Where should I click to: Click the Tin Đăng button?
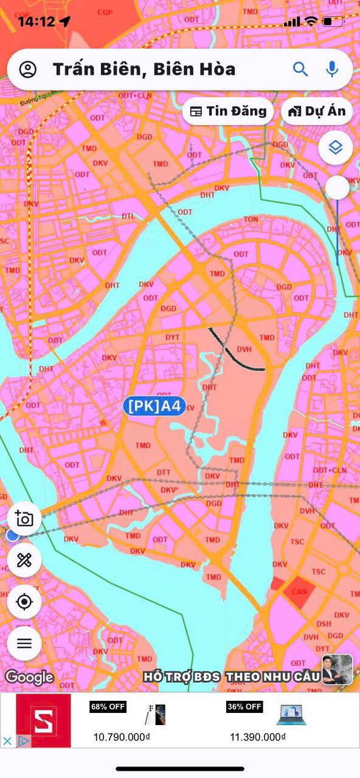(228, 111)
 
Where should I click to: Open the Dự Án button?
(317, 111)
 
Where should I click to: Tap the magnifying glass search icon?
(300, 69)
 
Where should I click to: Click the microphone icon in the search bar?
(332, 69)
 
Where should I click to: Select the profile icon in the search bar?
(28, 69)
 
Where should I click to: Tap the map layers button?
(336, 147)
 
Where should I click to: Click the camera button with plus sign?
(24, 518)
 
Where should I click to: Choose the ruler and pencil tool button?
(24, 560)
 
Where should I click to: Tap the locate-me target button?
(24, 602)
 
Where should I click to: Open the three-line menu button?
(24, 643)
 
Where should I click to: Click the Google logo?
(29, 676)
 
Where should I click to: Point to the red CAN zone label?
(298, 591)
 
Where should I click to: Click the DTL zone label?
(128, 216)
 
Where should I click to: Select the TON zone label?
(251, 219)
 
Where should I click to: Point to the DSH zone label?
(324, 624)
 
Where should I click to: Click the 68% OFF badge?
(108, 707)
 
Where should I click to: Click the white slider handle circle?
(337, 188)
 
